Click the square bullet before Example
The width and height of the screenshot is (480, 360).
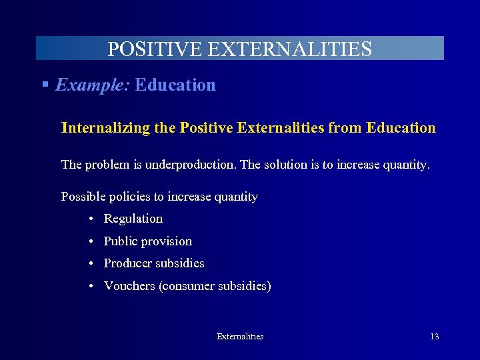[x=45, y=85]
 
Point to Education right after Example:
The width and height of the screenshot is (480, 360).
[x=175, y=85]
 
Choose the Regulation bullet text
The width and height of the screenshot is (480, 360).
[x=133, y=219]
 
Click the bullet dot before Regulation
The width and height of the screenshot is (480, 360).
[x=89, y=219]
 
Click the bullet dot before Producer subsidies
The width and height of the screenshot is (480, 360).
[x=89, y=264]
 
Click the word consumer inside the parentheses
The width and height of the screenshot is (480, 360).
[x=189, y=286]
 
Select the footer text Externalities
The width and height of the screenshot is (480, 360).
[x=240, y=337]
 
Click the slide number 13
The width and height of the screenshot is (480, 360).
[x=434, y=337]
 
